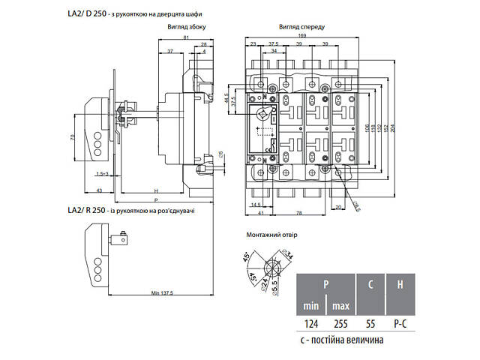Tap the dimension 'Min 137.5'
point(161,292)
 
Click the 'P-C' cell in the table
point(400,325)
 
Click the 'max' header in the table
point(342,306)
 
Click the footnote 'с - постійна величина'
point(342,340)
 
